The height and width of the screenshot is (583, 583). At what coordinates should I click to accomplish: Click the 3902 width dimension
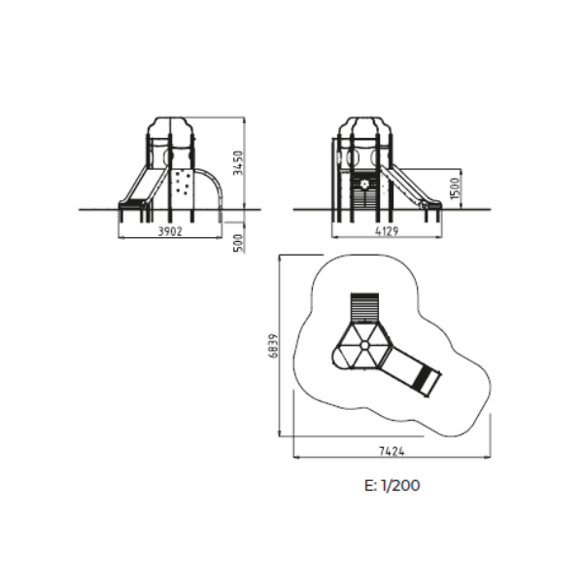click(x=170, y=231)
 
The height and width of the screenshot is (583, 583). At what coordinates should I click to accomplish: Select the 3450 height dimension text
click(x=238, y=163)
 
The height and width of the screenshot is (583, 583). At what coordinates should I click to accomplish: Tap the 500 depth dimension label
click(x=238, y=243)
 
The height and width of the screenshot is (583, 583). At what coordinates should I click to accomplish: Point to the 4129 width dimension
click(x=387, y=231)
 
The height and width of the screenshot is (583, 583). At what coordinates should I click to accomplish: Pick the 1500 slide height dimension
click(x=455, y=189)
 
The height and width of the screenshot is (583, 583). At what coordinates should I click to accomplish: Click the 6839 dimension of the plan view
click(x=273, y=346)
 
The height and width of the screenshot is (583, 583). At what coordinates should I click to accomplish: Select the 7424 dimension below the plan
click(x=392, y=451)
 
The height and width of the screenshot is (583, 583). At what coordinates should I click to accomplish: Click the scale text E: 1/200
click(x=393, y=485)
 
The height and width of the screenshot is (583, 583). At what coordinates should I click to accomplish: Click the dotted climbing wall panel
click(x=183, y=183)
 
